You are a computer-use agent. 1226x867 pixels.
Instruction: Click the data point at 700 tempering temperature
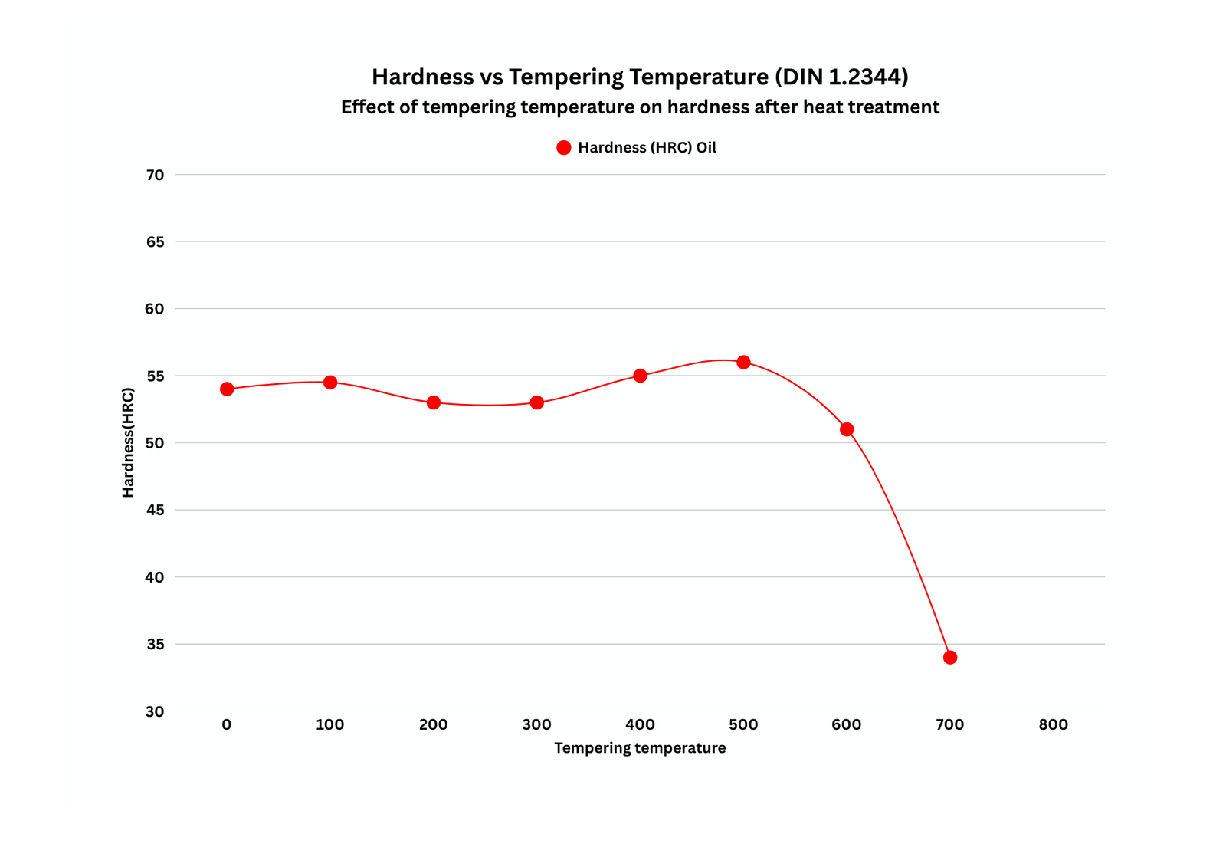[950, 657]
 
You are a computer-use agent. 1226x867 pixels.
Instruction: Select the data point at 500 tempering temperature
[743, 362]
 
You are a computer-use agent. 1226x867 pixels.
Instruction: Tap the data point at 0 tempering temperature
[227, 389]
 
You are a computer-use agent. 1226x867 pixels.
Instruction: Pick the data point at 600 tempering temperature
[847, 429]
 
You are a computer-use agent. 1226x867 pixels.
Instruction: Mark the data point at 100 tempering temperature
[330, 382]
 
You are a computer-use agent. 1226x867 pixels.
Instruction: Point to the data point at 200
[434, 402]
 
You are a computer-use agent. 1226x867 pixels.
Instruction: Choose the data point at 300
[536, 402]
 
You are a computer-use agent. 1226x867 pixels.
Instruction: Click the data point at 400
[640, 376]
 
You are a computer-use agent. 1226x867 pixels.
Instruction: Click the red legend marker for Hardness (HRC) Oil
[564, 148]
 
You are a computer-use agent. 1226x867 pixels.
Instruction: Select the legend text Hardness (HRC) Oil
[647, 148]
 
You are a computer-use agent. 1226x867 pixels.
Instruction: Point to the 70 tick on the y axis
[155, 175]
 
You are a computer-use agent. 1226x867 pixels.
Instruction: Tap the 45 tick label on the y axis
[155, 510]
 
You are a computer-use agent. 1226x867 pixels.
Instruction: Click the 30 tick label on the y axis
[155, 711]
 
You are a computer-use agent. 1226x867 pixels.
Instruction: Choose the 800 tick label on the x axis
[1053, 725]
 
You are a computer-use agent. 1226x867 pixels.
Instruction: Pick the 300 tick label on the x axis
[536, 725]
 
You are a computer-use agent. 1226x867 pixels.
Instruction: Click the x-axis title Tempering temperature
[640, 748]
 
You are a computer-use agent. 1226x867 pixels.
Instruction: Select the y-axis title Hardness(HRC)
[128, 443]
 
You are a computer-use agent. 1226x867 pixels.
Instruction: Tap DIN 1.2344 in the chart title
[841, 77]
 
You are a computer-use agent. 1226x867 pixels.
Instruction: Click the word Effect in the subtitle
[365, 107]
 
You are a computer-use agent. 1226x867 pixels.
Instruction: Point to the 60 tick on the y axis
[155, 309]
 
